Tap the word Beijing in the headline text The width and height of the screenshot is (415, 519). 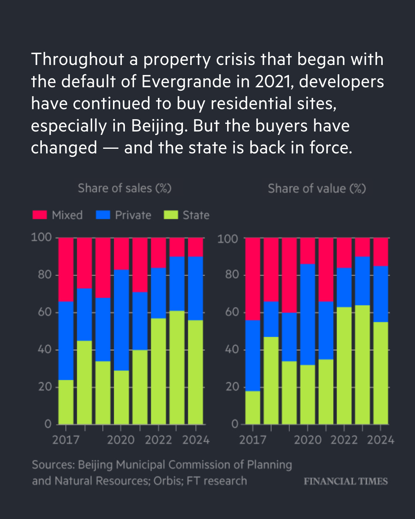pyautogui.click(x=158, y=126)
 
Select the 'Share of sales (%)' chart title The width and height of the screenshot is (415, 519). pyautogui.click(x=124, y=188)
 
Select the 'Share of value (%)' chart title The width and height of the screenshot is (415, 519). pyautogui.click(x=317, y=188)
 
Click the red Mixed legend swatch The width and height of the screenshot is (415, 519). pyautogui.click(x=40, y=215)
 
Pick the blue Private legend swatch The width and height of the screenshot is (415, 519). pyautogui.click(x=103, y=215)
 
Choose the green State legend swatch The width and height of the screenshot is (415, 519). pyautogui.click(x=171, y=215)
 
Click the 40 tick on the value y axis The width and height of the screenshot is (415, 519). pyautogui.click(x=232, y=349)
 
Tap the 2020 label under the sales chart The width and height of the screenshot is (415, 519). pyautogui.click(x=121, y=440)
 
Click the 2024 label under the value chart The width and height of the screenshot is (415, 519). pyautogui.click(x=380, y=440)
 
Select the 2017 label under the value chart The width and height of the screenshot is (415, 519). pyautogui.click(x=252, y=440)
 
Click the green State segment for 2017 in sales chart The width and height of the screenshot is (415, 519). pyautogui.click(x=66, y=402)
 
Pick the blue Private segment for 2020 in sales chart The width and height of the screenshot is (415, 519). pyautogui.click(x=121, y=320)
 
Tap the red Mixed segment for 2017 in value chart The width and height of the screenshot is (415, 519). pyautogui.click(x=252, y=279)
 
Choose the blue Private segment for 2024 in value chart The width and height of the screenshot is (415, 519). pyautogui.click(x=380, y=294)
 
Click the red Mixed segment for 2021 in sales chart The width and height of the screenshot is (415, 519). pyautogui.click(x=140, y=265)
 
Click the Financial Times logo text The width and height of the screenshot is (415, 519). pyautogui.click(x=345, y=481)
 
